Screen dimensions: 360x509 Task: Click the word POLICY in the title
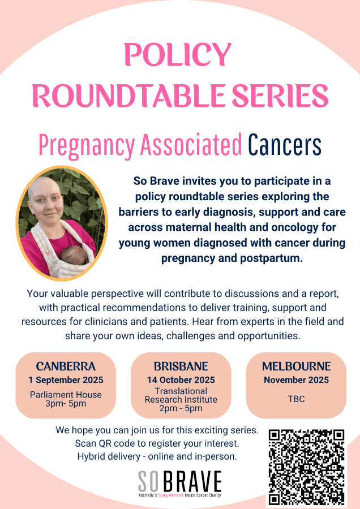pyautogui.click(x=178, y=54)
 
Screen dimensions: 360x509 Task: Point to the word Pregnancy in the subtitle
pyautogui.click(x=87, y=146)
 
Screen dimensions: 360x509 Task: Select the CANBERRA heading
pyautogui.click(x=66, y=366)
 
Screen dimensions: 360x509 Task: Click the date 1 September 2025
pyautogui.click(x=66, y=380)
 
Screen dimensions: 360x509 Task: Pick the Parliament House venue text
pyautogui.click(x=66, y=395)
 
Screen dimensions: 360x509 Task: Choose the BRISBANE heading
pyautogui.click(x=181, y=366)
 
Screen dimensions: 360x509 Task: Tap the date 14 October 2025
pyautogui.click(x=181, y=380)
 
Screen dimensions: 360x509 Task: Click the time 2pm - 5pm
pyautogui.click(x=181, y=408)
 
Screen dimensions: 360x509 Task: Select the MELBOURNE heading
pyautogui.click(x=296, y=366)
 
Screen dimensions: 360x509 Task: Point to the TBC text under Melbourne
pyautogui.click(x=296, y=399)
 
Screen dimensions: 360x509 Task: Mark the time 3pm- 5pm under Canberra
pyautogui.click(x=66, y=404)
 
